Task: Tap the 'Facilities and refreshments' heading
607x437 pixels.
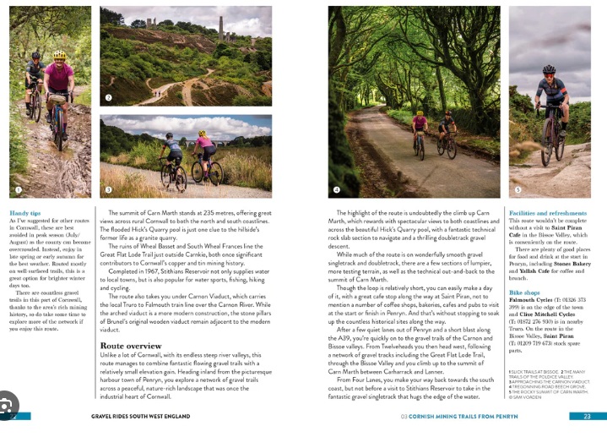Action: [548, 213]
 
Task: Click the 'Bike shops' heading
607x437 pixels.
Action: [524, 292]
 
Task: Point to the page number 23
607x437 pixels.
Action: [586, 416]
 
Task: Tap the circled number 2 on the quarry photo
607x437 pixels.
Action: [108, 98]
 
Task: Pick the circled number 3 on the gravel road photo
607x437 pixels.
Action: [108, 190]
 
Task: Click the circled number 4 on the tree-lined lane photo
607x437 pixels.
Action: [336, 190]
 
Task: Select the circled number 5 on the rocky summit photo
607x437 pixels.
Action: [518, 190]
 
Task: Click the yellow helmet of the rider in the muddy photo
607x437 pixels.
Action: [59, 56]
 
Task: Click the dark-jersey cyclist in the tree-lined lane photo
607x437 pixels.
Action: [447, 127]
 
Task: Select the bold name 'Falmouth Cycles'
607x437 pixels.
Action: [534, 300]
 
